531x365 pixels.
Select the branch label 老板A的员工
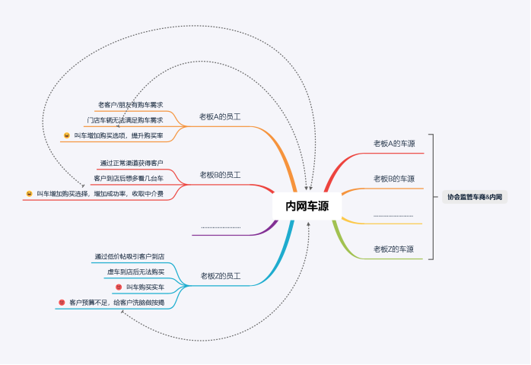[x=220, y=116]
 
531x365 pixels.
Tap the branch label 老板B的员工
[x=220, y=175]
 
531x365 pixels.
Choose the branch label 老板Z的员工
[x=220, y=275]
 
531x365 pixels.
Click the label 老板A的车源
[x=394, y=143]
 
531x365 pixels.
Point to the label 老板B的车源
[x=394, y=179]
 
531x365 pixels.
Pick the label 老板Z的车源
[x=394, y=249]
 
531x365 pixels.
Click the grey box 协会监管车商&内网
[x=474, y=197]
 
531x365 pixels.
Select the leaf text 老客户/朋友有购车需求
[x=130, y=104]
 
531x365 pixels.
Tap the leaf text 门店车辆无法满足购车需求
[x=125, y=119]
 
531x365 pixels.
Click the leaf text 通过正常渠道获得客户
[x=132, y=163]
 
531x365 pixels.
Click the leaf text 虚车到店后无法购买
[x=135, y=271]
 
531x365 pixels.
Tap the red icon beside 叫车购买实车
[x=119, y=287]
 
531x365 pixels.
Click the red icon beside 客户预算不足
[x=62, y=303]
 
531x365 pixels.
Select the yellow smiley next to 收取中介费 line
[x=29, y=194]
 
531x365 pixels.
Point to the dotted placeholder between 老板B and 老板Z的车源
[x=393, y=216]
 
